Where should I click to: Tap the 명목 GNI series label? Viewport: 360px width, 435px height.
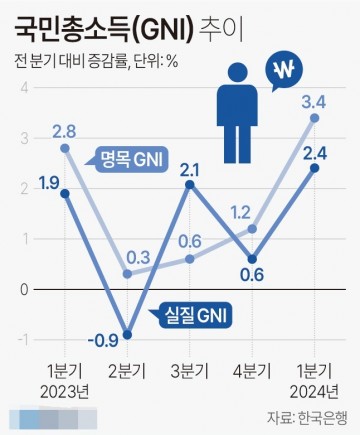click(x=131, y=157)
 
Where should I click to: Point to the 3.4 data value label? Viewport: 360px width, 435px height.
click(x=313, y=101)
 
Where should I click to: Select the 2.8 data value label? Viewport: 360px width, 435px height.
click(x=64, y=130)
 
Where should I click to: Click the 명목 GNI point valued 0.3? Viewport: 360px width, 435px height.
click(x=126, y=273)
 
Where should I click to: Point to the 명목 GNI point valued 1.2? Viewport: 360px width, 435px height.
click(x=252, y=228)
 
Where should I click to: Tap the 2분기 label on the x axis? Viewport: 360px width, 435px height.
click(x=126, y=370)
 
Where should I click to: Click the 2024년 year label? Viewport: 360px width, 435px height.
click(x=315, y=389)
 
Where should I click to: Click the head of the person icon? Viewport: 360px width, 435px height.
click(x=236, y=74)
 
